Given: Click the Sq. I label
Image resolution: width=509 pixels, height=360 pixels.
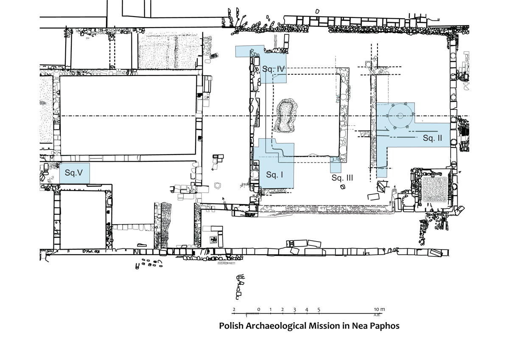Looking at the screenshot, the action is click(x=274, y=174).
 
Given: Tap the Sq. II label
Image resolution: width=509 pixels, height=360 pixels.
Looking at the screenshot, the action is click(x=432, y=138).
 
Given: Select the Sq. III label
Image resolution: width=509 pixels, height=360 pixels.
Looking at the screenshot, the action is click(x=342, y=177).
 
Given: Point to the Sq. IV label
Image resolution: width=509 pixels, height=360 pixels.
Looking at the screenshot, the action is click(x=273, y=69).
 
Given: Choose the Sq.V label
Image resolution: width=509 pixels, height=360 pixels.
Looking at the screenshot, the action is click(x=74, y=173).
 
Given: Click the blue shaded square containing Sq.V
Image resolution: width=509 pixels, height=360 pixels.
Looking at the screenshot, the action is click(x=75, y=173).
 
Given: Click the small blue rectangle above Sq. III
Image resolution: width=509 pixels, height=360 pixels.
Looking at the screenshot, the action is click(x=336, y=165).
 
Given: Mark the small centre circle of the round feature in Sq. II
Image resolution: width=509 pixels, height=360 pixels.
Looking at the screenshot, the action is click(x=400, y=116).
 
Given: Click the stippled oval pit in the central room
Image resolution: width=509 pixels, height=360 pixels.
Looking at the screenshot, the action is click(x=285, y=115).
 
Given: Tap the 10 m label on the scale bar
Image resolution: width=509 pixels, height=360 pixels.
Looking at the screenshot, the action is click(x=380, y=309).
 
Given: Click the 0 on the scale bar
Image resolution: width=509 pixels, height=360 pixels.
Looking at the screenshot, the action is click(x=259, y=309).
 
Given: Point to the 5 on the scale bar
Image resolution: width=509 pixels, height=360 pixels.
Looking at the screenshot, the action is click(x=319, y=309).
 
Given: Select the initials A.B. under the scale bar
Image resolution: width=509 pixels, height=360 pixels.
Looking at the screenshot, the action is click(x=377, y=315).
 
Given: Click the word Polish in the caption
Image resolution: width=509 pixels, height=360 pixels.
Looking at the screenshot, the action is click(x=231, y=326).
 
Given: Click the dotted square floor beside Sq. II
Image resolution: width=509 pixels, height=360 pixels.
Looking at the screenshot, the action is click(x=435, y=189).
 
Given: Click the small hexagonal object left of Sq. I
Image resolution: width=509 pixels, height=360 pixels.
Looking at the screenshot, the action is click(x=218, y=186).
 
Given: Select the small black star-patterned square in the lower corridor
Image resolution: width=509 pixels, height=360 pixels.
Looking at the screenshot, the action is click(x=214, y=239).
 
